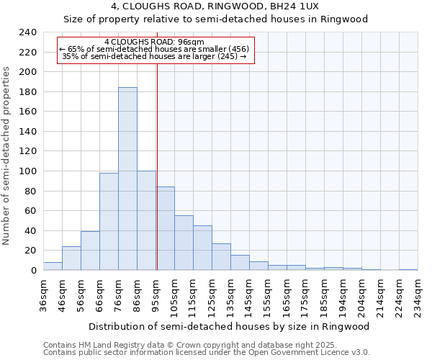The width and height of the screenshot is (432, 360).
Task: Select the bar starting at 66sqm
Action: (109, 221)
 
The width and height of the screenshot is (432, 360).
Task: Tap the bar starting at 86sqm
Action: (146, 220)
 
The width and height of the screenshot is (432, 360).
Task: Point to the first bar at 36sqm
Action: (53, 266)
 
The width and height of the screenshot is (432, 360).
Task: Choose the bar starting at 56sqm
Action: (90, 251)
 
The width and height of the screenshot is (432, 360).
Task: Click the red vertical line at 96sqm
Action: (156, 166)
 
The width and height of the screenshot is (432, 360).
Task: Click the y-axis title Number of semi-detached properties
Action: (7, 156)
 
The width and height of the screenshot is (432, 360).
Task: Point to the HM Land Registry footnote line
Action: (195, 345)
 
